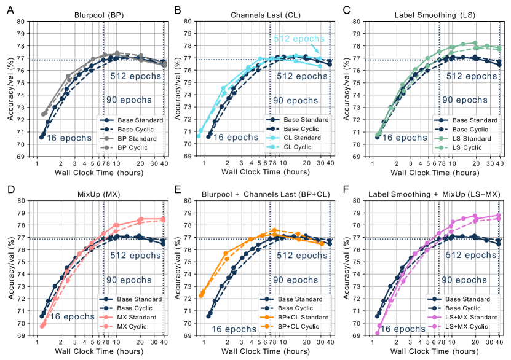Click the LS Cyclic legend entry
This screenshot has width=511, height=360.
tap(469, 147)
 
